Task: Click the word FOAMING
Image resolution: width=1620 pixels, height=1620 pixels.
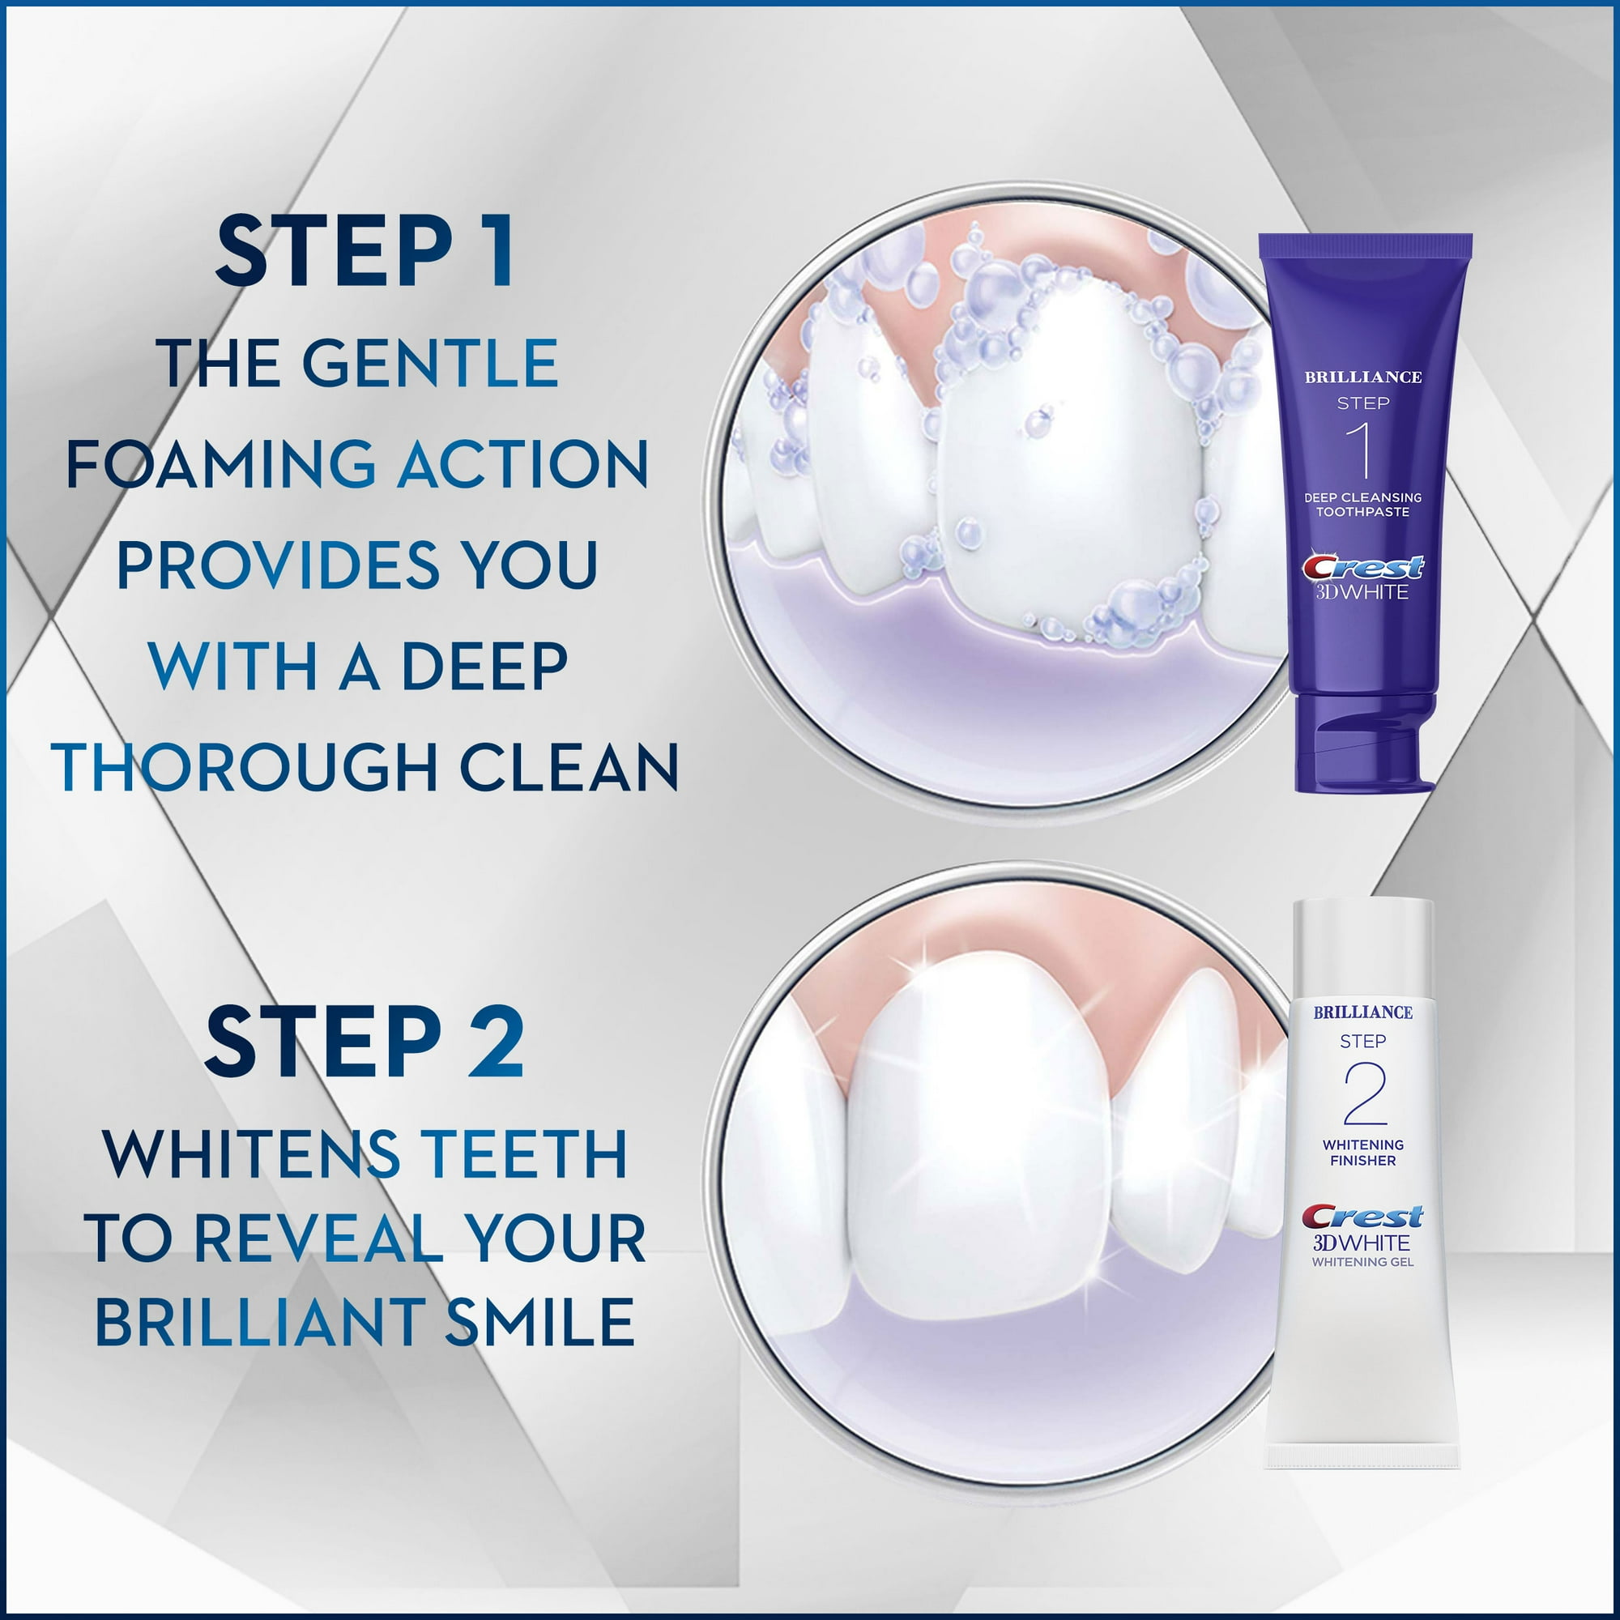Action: point(220,463)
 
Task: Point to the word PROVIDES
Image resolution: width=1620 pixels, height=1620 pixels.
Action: point(278,565)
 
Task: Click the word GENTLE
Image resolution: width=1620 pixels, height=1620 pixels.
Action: point(429,363)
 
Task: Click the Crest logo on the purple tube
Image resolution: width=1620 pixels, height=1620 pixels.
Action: point(1362,568)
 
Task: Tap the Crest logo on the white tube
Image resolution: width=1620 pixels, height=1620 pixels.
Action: point(1362,1216)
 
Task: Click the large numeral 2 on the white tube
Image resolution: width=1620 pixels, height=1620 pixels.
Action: point(1364,1093)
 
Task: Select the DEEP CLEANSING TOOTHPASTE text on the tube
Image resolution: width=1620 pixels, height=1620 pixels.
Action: point(1362,504)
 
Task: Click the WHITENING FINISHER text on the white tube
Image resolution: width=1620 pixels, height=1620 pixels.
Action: point(1362,1152)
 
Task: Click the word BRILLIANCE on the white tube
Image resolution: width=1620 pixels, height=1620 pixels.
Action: point(1362,1012)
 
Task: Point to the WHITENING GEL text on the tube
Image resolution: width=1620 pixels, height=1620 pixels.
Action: point(1362,1262)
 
